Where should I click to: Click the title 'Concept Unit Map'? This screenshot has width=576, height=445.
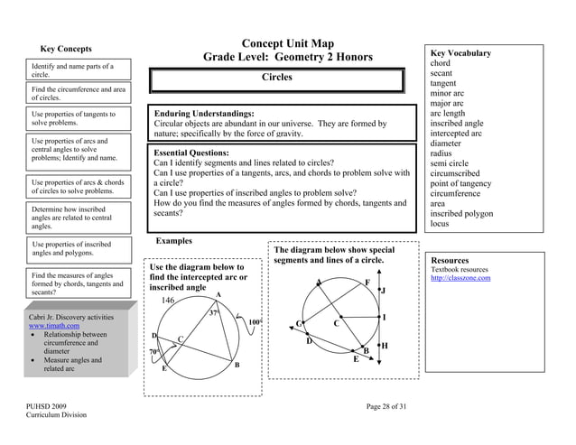[288, 43]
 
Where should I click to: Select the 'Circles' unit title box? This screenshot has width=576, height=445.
[276, 78]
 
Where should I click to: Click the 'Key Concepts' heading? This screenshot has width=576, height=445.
[66, 49]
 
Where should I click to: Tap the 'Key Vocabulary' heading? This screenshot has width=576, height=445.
[460, 53]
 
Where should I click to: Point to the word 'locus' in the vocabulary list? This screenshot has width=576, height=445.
[440, 223]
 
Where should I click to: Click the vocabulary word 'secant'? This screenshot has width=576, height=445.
[441, 73]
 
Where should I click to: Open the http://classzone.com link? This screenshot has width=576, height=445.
[460, 278]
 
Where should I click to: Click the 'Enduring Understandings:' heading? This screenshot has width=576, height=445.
[204, 114]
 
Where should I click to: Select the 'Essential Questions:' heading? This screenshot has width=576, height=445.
[197, 153]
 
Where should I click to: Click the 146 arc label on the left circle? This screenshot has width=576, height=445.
[169, 300]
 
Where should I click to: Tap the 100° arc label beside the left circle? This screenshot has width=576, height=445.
[255, 321]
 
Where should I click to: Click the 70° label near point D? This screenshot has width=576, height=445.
[154, 351]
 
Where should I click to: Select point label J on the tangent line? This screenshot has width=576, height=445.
[383, 291]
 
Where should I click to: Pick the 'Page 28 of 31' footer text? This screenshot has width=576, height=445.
[386, 407]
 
